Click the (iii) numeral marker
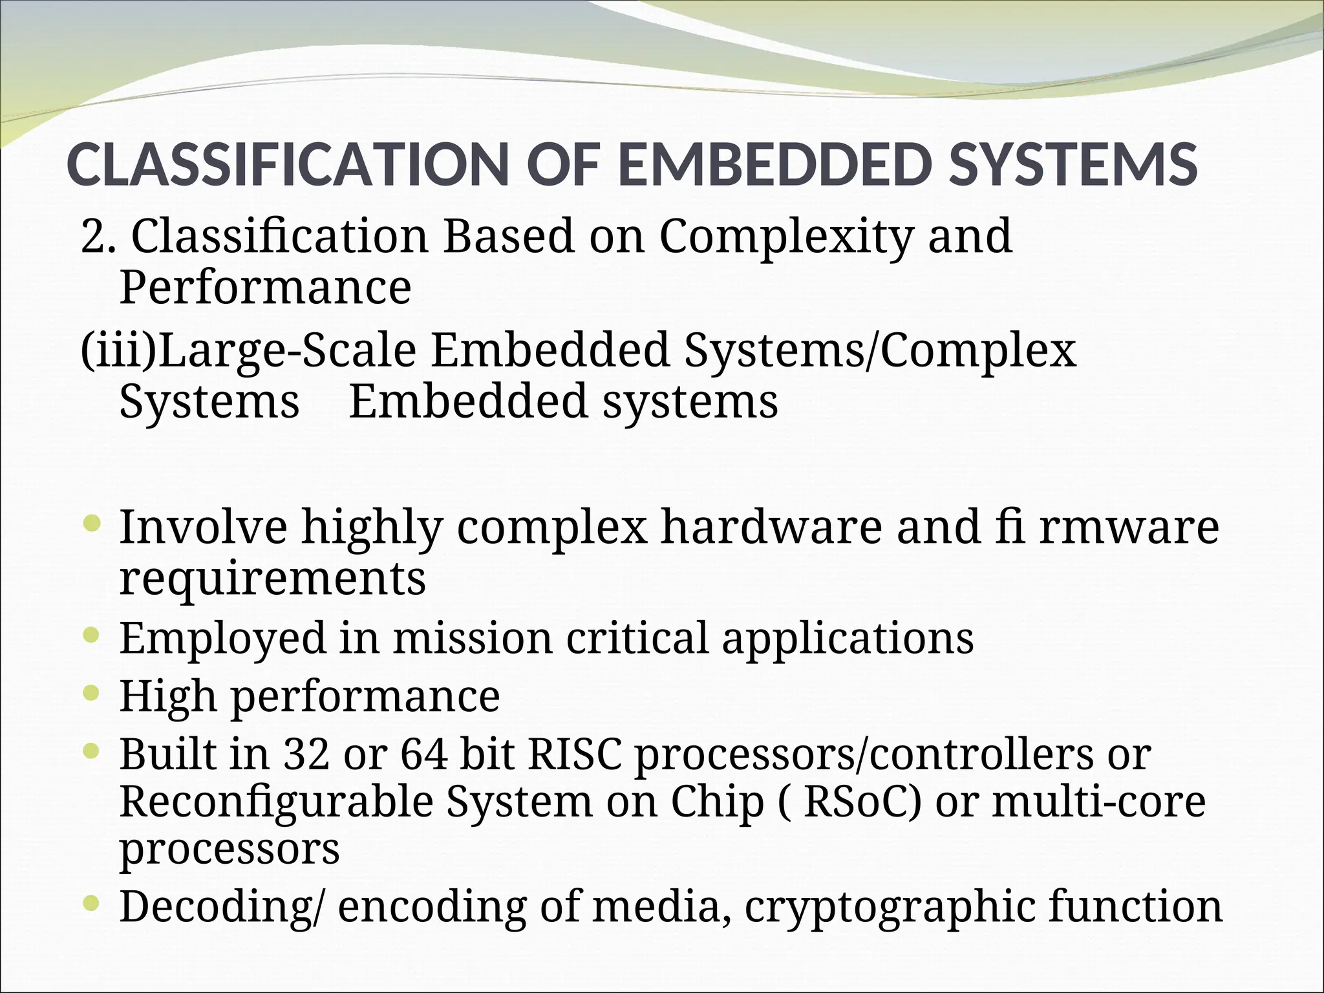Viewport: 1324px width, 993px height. point(119,352)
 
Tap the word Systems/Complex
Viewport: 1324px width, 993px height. point(880,352)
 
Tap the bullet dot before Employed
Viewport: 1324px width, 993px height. point(92,634)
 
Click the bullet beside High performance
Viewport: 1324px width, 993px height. point(92,692)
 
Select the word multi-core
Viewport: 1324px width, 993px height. point(1099,802)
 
